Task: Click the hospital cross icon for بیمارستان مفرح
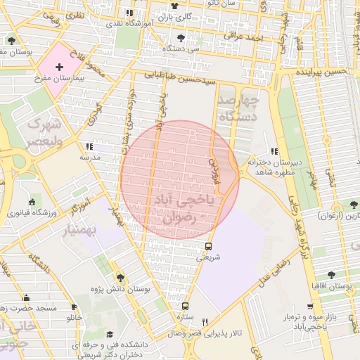tap(68, 65)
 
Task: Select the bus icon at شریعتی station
tap(208, 246)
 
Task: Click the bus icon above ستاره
tap(186, 306)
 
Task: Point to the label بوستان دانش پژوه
tap(121, 288)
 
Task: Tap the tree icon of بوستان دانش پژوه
tap(120, 278)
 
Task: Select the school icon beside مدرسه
tap(89, 146)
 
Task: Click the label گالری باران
tap(173, 15)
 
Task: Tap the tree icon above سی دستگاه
tap(181, 39)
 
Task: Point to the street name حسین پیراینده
tap(323, 72)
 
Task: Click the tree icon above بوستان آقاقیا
tap(331, 275)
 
